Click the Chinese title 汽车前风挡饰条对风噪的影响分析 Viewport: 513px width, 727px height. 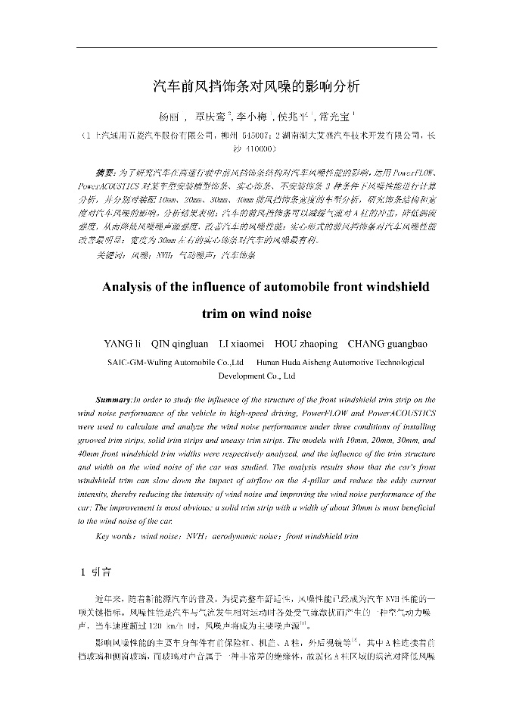(x=256, y=86)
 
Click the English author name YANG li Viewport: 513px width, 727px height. (x=122, y=345)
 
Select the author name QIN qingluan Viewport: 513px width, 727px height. (x=180, y=345)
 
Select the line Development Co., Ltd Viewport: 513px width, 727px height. (x=257, y=376)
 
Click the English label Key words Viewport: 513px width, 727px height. (x=116, y=536)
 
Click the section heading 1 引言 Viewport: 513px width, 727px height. (x=96, y=572)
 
